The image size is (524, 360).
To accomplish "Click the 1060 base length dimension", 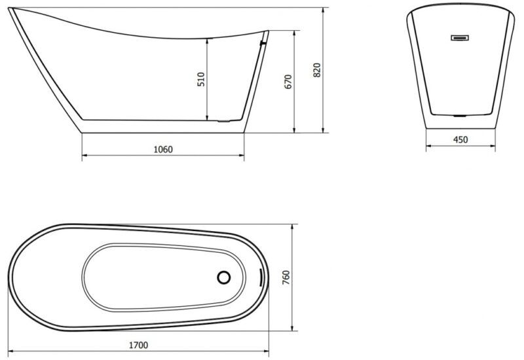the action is tap(163, 149).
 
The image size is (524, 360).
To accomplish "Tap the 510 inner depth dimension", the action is tap(201, 79).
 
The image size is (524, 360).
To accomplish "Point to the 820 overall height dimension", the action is tap(317, 70).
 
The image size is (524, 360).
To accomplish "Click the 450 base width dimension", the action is tap(460, 139).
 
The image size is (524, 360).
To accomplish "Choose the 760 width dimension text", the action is tap(286, 278).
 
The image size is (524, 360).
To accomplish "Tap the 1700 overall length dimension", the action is tap(138, 345).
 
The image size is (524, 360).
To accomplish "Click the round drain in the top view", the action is tap(223, 278).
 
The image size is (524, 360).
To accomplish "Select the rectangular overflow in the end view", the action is tap(460, 38).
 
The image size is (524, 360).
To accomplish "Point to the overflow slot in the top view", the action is tap(260, 278).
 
